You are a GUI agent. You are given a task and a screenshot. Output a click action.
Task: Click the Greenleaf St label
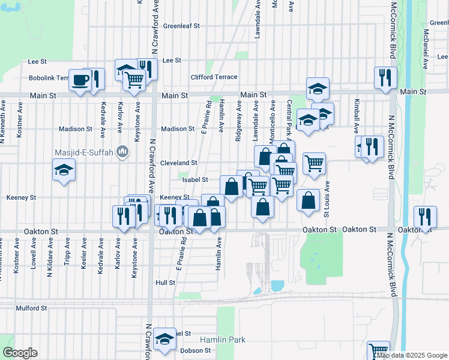pyautogui.click(x=181, y=26)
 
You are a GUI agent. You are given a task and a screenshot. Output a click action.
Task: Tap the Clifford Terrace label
pyautogui.click(x=214, y=77)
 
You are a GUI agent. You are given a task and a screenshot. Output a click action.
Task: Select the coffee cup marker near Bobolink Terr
pyautogui.click(x=80, y=80)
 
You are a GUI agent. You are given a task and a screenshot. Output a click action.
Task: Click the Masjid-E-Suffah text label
pyautogui.click(x=85, y=152)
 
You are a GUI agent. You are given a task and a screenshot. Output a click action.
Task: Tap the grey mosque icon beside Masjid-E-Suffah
pyautogui.click(x=123, y=152)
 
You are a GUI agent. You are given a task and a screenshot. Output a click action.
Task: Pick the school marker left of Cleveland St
pyautogui.click(x=64, y=172)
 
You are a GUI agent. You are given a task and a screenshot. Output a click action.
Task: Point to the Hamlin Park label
pyautogui.click(x=223, y=340)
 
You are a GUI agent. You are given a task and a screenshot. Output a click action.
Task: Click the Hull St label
pyautogui.click(x=164, y=282)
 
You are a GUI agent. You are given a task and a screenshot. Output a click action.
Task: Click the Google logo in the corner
pyautogui.click(x=20, y=353)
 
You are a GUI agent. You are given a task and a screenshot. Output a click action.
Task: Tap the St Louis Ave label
pyautogui.click(x=327, y=200)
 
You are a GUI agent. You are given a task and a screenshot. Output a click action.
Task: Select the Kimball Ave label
pyautogui.click(x=357, y=116)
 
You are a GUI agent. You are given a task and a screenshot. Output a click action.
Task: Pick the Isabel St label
pyautogui.click(x=195, y=180)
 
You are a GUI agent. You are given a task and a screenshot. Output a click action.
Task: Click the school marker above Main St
pyautogui.click(x=318, y=89)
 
